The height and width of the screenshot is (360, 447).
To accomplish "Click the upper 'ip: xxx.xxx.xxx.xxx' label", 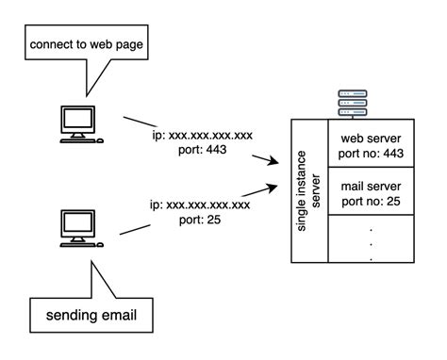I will tap(203, 135).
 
